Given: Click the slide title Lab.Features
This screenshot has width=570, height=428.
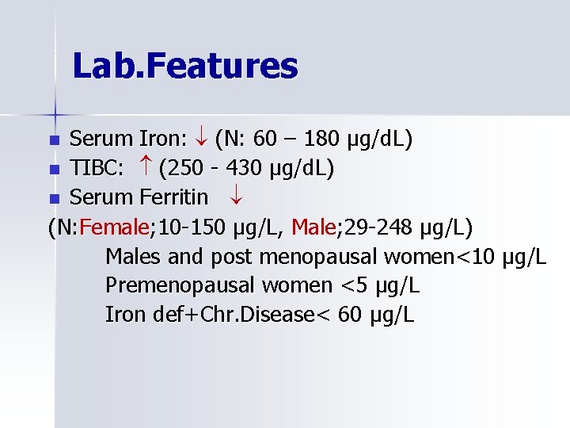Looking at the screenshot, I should pyautogui.click(x=184, y=66).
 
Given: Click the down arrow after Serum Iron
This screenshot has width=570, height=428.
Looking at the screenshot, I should pyautogui.click(x=201, y=139).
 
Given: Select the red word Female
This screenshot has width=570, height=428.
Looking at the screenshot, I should pyautogui.click(x=114, y=227).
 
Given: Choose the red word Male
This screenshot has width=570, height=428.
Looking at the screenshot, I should pyautogui.click(x=313, y=227).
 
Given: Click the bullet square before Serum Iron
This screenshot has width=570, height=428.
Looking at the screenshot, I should pyautogui.click(x=54, y=140).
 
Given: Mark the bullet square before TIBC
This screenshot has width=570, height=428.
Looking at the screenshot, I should pyautogui.click(x=54, y=170).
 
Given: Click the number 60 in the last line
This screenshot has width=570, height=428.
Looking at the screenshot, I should pyautogui.click(x=349, y=315).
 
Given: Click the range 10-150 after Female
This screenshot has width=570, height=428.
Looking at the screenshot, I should pyautogui.click(x=193, y=227).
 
